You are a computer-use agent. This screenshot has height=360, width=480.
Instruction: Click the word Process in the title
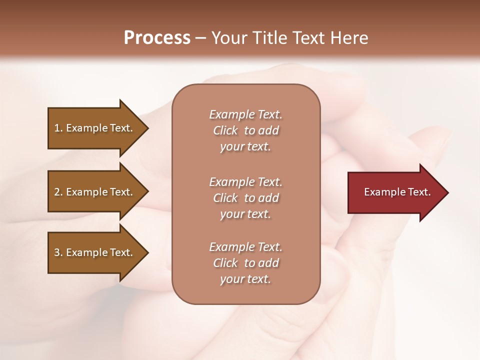(x=157, y=38)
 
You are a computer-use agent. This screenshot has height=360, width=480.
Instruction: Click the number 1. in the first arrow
(x=58, y=128)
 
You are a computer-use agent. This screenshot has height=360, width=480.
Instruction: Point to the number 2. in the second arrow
(x=58, y=192)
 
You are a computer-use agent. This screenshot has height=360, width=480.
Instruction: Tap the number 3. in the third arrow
(x=58, y=252)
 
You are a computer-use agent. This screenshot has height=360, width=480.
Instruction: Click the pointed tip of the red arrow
(x=446, y=192)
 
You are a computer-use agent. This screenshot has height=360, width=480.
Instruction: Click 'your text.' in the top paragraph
(x=245, y=146)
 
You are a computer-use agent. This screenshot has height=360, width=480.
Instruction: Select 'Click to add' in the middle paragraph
(x=245, y=198)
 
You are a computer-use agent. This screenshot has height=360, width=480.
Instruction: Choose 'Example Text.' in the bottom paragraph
(x=245, y=247)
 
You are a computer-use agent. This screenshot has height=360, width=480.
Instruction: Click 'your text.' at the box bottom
(x=245, y=279)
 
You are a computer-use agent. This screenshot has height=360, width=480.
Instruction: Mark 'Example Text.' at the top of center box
(x=245, y=114)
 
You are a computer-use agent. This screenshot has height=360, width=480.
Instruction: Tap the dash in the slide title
(x=200, y=38)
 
